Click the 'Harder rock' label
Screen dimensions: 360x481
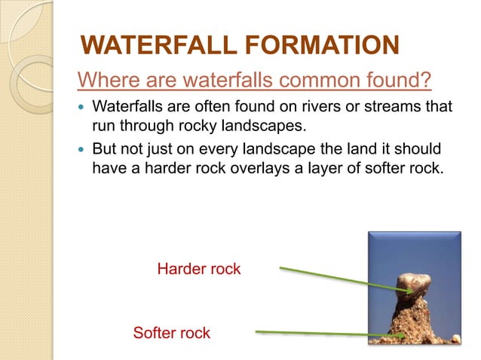pyautogui.click(x=198, y=269)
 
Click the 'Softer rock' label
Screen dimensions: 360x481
pyautogui.click(x=171, y=332)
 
